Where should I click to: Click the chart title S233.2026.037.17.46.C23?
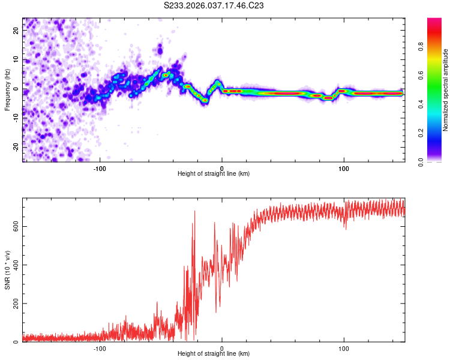(x=214, y=6)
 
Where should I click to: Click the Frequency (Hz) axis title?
(x=7, y=90)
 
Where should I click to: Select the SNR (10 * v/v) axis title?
(x=7, y=270)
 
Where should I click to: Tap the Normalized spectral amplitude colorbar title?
(x=445, y=90)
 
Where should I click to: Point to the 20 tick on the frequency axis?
(x=16, y=30)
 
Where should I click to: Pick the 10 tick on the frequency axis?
(x=16, y=59)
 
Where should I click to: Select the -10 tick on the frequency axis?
(x=16, y=118)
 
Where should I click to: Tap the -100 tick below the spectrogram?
(x=100, y=168)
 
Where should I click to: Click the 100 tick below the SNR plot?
(x=344, y=349)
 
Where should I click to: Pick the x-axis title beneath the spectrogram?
(x=214, y=174)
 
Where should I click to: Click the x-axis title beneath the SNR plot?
(x=214, y=355)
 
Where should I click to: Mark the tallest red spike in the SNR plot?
(x=194, y=211)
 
